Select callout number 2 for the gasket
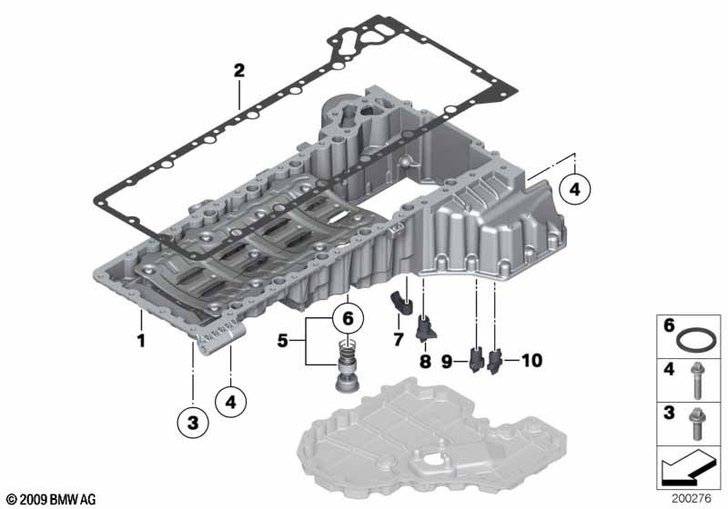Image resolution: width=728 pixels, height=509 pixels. point(238,70)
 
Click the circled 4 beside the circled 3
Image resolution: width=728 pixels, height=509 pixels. point(231,401)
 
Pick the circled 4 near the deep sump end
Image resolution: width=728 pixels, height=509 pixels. point(575,189)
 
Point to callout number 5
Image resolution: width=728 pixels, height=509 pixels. point(283,343)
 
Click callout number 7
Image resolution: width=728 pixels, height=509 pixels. point(398,339)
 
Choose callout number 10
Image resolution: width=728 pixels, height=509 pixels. point(531,361)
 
